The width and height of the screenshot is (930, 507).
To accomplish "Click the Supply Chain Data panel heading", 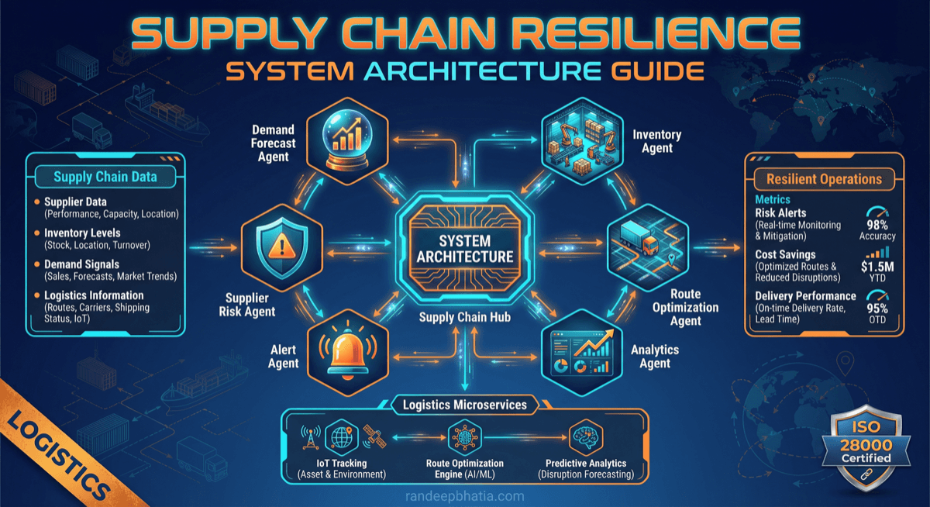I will point(105,177).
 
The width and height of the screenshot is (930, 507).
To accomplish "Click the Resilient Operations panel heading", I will point(824,179).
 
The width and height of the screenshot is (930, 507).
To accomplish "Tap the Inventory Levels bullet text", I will point(82,233).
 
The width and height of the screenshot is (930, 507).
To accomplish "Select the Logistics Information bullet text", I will point(94,295).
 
